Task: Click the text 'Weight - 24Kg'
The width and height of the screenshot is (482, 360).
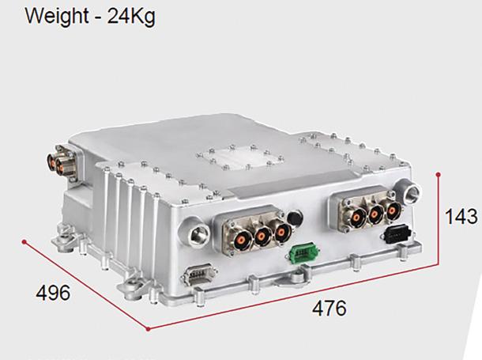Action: (90, 16)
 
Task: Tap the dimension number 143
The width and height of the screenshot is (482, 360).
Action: (461, 216)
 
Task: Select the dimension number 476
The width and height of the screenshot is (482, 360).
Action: (329, 309)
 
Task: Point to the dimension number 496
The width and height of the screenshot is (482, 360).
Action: (53, 293)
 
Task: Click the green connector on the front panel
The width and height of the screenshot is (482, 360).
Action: (303, 253)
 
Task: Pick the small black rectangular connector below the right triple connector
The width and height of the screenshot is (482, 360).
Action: (397, 234)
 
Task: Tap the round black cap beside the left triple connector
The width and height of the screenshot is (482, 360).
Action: (295, 218)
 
